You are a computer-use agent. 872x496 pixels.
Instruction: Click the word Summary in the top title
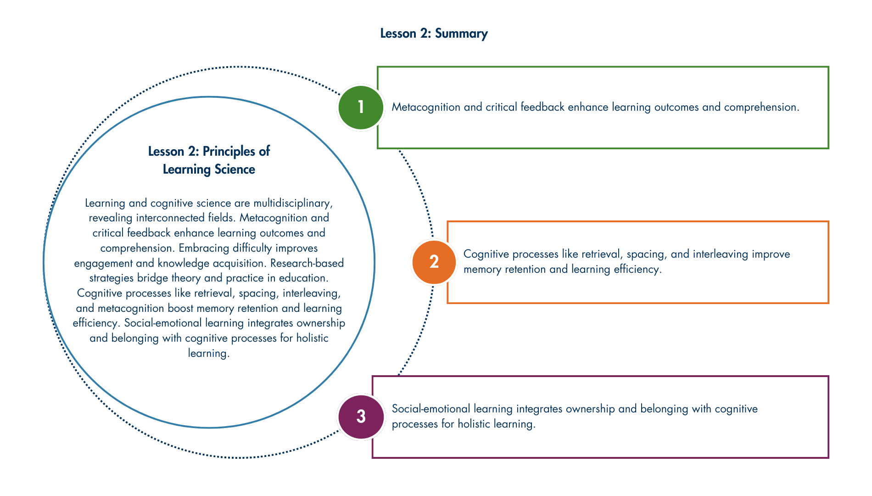coord(461,34)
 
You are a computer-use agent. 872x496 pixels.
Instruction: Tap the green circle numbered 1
coord(361,107)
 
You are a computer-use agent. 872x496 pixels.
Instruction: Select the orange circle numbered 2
coord(434,262)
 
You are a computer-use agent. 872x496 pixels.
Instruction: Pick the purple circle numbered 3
coord(361,417)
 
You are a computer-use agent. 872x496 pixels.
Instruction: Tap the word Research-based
coord(307,263)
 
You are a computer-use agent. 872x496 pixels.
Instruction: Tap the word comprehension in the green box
coord(761,107)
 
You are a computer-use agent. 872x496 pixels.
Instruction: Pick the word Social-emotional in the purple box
coord(429,409)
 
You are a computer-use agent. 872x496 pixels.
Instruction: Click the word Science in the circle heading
coord(235,169)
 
